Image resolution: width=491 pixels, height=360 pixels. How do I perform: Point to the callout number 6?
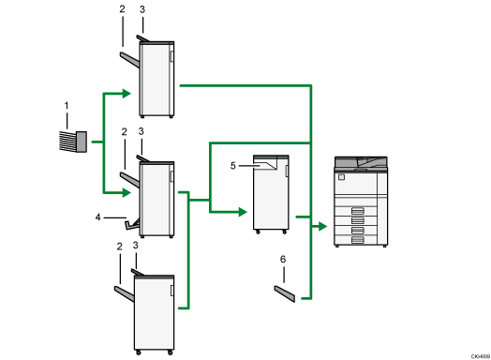[x=283, y=260]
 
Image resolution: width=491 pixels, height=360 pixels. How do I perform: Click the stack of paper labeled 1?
[x=72, y=142]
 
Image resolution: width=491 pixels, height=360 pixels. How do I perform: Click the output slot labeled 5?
[x=266, y=166]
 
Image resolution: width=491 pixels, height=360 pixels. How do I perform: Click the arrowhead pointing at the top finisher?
[x=131, y=92]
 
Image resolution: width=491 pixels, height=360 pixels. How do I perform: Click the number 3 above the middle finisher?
[x=141, y=134]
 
